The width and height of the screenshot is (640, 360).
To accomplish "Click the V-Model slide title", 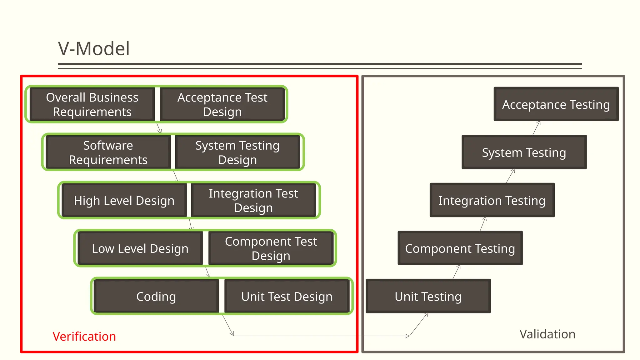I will (x=94, y=49).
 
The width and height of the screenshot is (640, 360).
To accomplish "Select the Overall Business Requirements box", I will (x=92, y=104).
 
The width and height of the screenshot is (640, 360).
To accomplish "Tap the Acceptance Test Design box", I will (x=222, y=104).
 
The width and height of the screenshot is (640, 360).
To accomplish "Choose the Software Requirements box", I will (x=108, y=152).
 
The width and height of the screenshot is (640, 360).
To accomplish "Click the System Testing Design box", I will (x=237, y=152).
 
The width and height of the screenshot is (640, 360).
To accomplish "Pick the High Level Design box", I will (x=124, y=200).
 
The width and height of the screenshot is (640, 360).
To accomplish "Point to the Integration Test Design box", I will (x=253, y=200).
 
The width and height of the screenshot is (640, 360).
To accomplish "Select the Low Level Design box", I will (x=140, y=248).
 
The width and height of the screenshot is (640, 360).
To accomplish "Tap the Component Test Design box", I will (x=271, y=248).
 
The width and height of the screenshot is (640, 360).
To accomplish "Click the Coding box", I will (x=156, y=296).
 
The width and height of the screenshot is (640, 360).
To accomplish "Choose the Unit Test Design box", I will (x=287, y=296).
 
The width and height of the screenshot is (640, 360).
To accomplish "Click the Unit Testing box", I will (x=428, y=296).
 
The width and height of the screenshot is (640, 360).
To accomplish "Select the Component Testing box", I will (x=460, y=248).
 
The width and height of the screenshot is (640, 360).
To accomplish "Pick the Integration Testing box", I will (x=492, y=200).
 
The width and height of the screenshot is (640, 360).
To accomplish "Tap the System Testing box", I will (x=524, y=152).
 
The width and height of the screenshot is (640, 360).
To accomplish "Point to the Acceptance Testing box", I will (x=556, y=104).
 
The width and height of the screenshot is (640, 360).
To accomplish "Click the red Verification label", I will (x=84, y=337).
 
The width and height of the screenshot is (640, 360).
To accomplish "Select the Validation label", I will (x=547, y=334).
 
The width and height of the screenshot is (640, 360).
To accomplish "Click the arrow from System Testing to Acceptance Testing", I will (x=537, y=128).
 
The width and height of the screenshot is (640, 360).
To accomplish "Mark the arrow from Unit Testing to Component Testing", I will (x=457, y=272).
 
